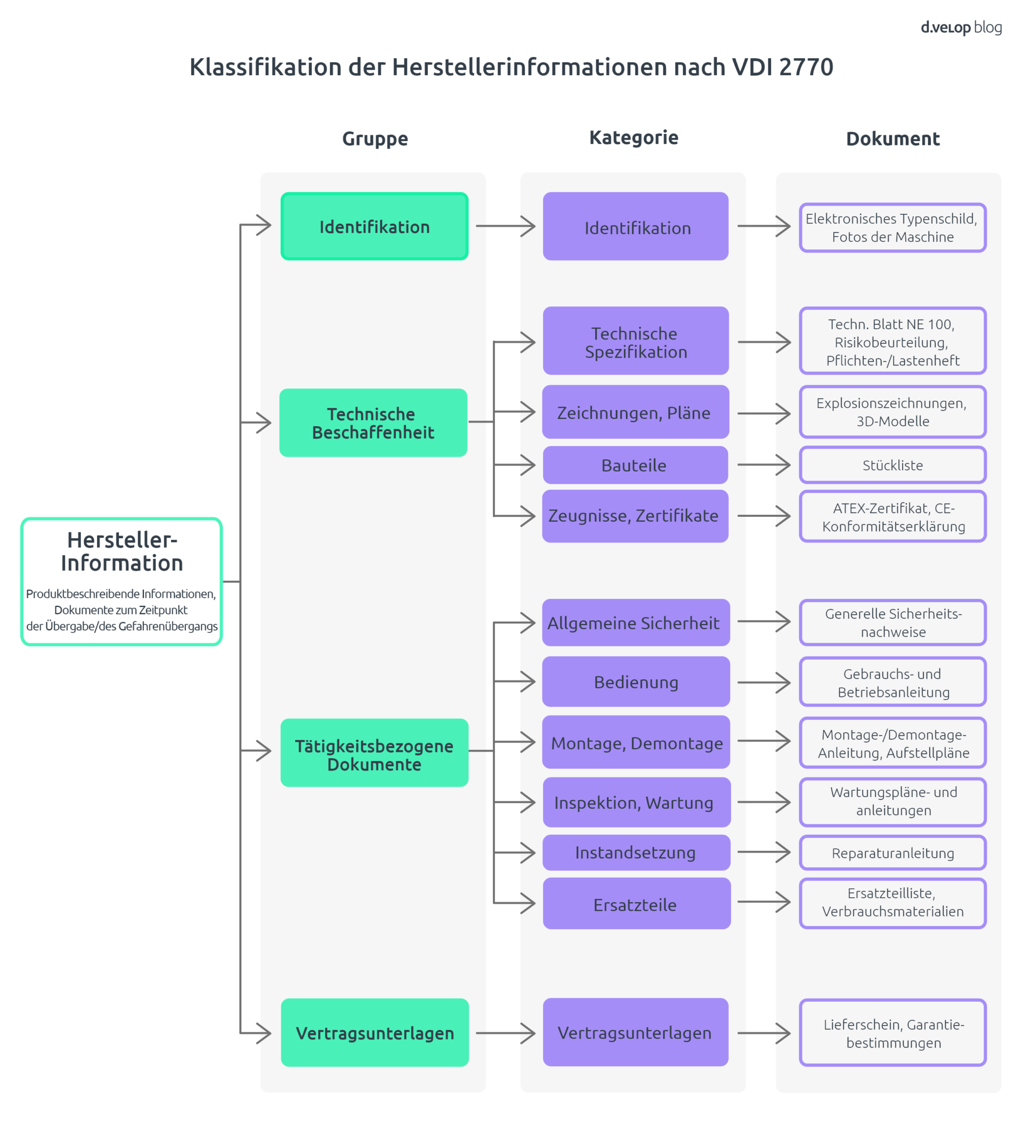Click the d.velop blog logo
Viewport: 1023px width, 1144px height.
pos(961,28)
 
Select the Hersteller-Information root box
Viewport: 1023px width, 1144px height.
pos(121,581)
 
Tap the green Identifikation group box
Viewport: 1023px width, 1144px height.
pos(375,226)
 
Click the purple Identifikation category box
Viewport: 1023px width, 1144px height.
pos(636,226)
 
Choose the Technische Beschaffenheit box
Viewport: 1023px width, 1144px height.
pos(373,423)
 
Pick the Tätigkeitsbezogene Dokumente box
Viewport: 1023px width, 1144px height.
pos(375,753)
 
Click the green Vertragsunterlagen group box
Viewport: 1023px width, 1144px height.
pos(375,1033)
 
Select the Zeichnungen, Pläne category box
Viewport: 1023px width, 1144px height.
pos(636,412)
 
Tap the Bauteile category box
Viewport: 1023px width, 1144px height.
pos(636,465)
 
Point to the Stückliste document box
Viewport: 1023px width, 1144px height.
pos(892,465)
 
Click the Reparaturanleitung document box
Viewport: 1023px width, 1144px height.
pos(892,853)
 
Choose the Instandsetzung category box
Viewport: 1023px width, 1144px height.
pos(636,853)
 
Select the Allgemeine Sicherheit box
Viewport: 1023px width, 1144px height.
pos(636,622)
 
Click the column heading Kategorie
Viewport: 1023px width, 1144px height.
pos(634,137)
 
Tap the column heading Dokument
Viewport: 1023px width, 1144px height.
pos(892,139)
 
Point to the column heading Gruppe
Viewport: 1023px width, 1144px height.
pos(375,139)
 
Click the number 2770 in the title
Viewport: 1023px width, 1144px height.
pos(806,67)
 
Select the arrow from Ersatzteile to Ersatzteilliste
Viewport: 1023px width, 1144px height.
pos(764,902)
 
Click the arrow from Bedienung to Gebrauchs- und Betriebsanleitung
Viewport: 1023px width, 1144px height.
pos(764,682)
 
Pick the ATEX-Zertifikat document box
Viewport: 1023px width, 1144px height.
pos(892,516)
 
